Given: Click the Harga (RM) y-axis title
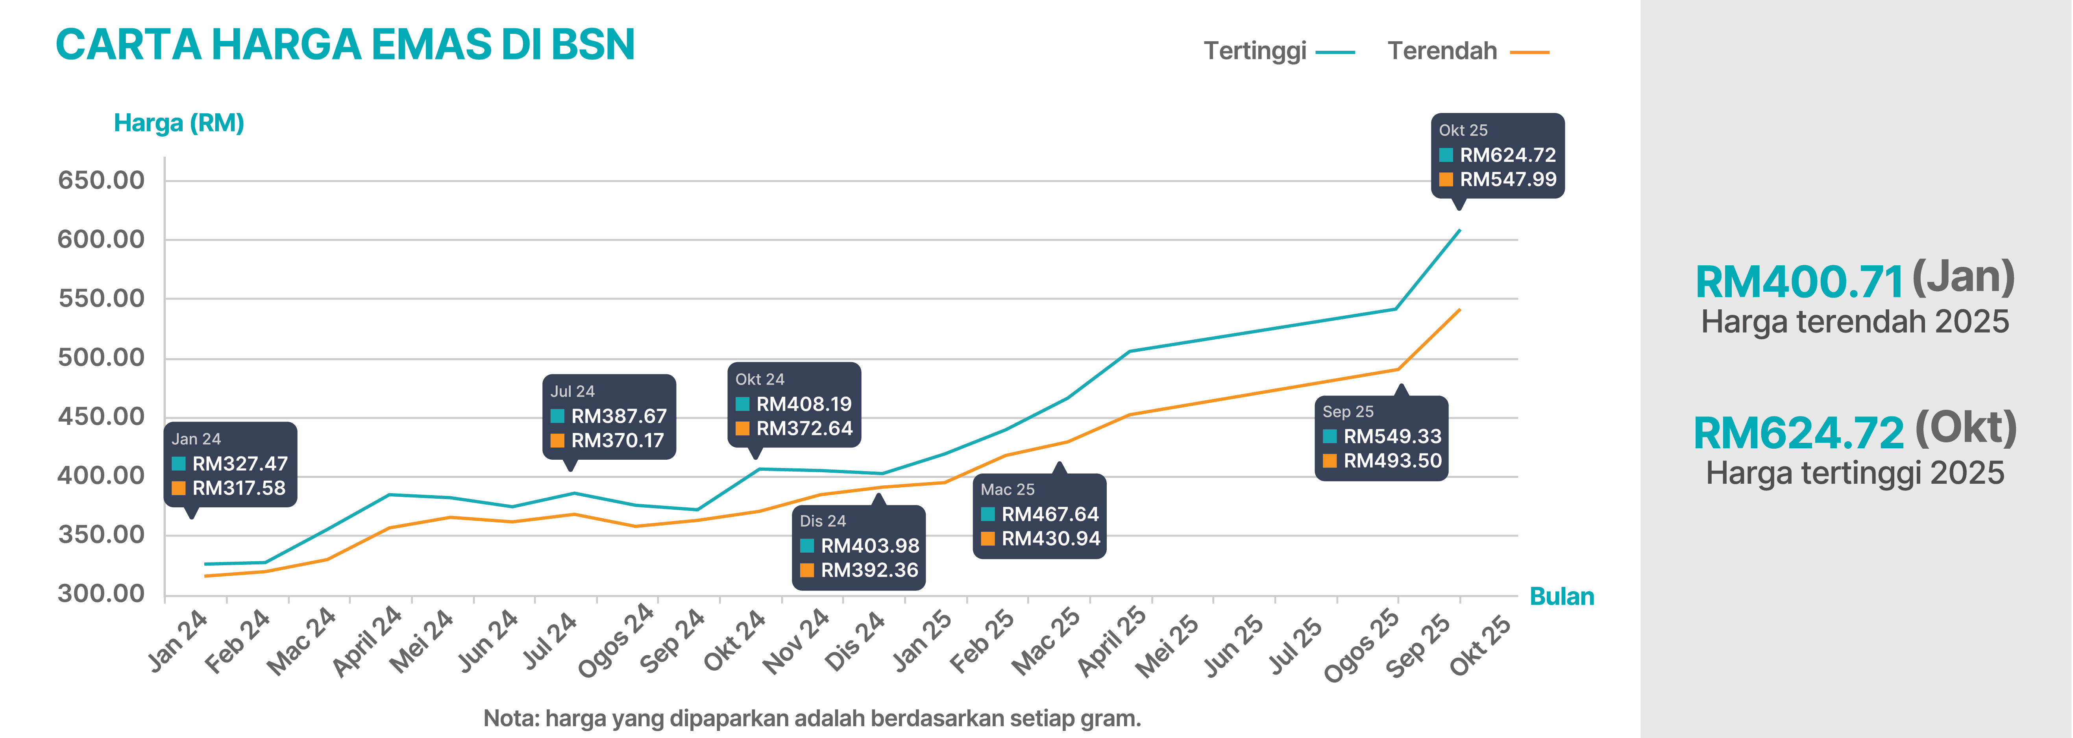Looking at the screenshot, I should (x=179, y=123).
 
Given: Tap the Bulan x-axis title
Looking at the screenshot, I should (x=1561, y=596).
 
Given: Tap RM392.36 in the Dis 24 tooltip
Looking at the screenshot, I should (x=869, y=570).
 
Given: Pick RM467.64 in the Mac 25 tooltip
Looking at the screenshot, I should (x=1049, y=514).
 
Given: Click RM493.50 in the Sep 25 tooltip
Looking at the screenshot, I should (x=1392, y=461).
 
